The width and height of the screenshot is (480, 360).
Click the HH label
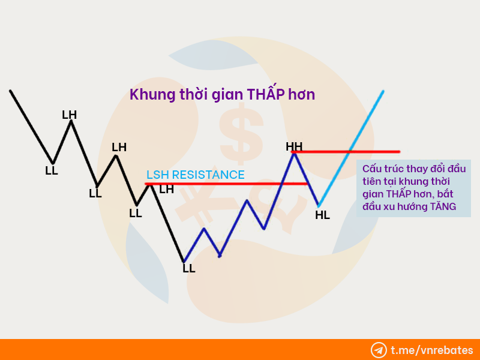coord(294,146)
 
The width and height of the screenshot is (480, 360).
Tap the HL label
coord(322,215)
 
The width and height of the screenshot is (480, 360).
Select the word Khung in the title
coord(152,94)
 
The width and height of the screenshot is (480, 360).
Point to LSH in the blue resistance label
coord(158,175)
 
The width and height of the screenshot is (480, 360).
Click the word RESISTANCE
coord(208,175)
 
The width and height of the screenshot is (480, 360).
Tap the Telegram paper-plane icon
coord(379,350)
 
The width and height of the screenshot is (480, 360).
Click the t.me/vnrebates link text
coord(432,350)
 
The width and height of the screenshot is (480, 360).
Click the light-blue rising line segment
coord(351,148)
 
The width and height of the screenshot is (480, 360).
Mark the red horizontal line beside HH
coord(346,152)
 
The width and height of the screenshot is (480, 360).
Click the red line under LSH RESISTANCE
coord(226,184)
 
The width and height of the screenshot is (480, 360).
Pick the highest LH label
coord(69,115)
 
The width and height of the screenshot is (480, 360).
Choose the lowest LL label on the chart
coord(189,268)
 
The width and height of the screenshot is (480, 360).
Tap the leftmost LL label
coord(52,170)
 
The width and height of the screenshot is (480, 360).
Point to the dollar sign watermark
coord(241,134)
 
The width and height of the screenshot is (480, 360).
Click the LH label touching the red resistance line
coord(167,190)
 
